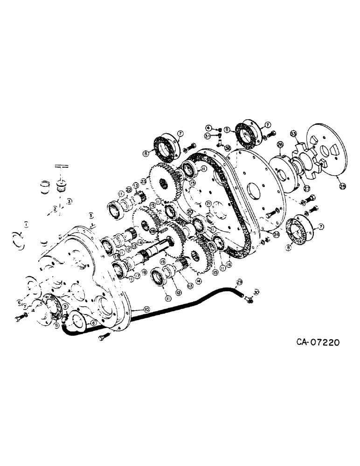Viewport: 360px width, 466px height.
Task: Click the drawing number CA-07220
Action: coord(317,343)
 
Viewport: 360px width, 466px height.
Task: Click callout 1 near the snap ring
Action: coord(27,224)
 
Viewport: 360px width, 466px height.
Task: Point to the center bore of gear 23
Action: coord(164,183)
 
